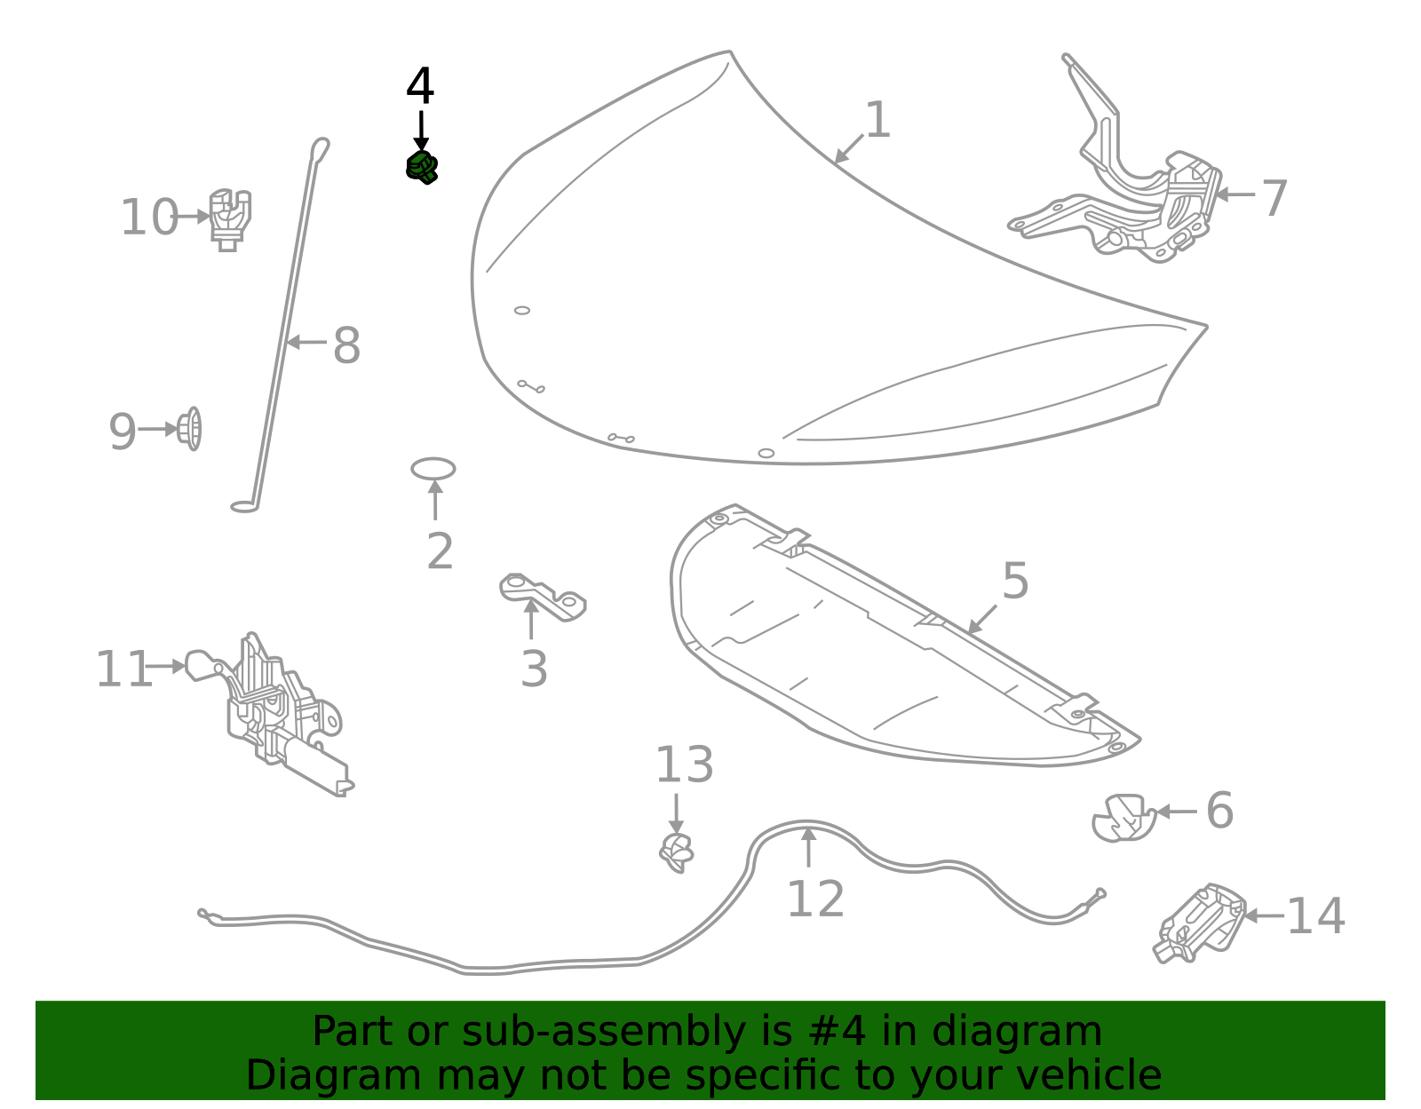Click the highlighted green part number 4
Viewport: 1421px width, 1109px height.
[x=422, y=167]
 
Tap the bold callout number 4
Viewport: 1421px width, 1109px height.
[x=420, y=87]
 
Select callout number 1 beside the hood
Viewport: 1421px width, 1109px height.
[x=877, y=120]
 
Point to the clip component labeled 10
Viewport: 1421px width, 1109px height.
[x=230, y=218]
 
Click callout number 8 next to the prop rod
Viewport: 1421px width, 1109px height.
[x=346, y=345]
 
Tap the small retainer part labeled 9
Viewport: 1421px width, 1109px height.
[x=190, y=429]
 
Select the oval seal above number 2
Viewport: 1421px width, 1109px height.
[x=433, y=468]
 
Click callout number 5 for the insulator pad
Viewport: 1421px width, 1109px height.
[x=1014, y=582]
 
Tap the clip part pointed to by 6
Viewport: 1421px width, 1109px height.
[x=1123, y=818]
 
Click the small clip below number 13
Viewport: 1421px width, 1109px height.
[x=677, y=853]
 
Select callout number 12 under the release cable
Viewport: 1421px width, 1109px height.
[x=815, y=899]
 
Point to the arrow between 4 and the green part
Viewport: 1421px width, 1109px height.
[x=421, y=130]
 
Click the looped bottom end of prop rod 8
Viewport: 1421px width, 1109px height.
[x=244, y=507]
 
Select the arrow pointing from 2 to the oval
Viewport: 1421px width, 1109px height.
[x=435, y=499]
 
